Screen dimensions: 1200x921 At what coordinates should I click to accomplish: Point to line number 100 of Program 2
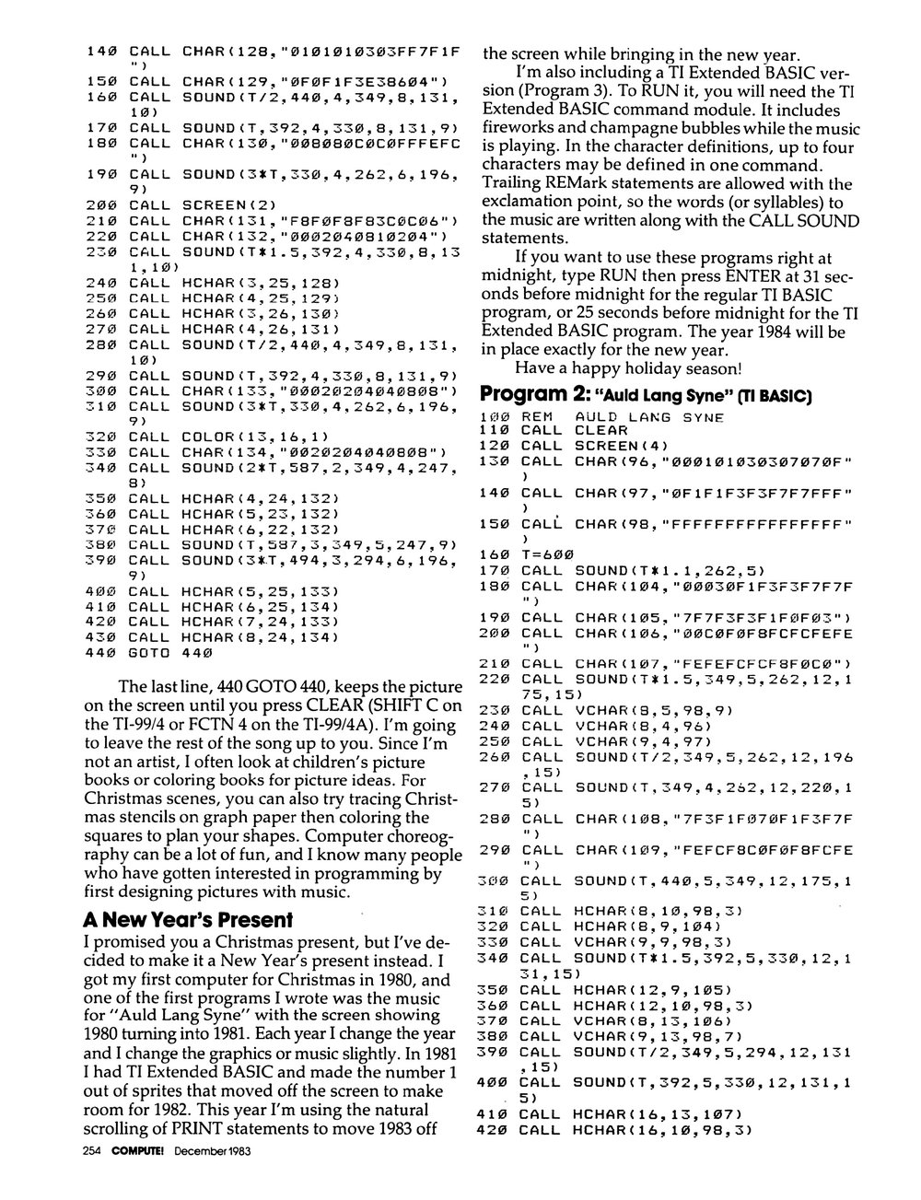coord(495,416)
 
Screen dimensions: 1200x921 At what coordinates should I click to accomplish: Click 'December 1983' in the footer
coord(213,1176)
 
